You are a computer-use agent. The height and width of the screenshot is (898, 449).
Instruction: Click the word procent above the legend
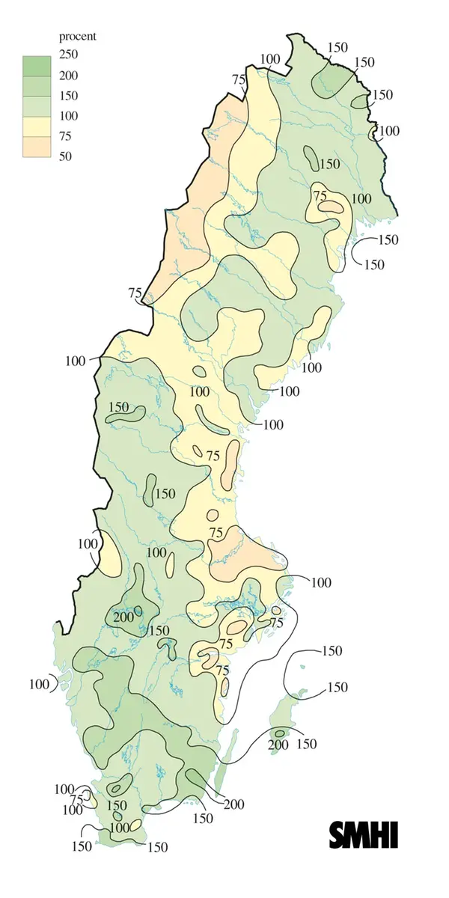click(x=78, y=36)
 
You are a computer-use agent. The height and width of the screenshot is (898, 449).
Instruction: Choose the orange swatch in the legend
click(x=34, y=147)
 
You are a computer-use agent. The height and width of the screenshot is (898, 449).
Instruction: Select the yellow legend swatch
click(x=34, y=126)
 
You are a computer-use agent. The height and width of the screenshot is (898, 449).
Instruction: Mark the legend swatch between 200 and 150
click(x=34, y=85)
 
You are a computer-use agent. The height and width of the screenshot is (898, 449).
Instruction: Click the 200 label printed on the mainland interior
click(x=123, y=617)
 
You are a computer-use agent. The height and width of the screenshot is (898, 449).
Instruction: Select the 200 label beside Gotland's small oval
click(x=278, y=745)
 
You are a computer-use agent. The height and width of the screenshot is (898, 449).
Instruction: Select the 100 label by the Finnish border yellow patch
click(x=389, y=131)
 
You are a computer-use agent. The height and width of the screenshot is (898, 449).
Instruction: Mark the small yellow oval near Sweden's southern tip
click(x=135, y=826)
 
